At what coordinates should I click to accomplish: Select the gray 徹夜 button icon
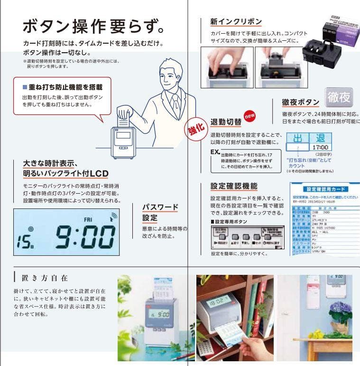(339, 97)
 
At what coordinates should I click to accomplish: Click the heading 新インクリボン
(236, 21)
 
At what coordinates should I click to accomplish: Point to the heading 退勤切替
(225, 122)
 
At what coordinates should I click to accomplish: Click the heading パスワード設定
(160, 212)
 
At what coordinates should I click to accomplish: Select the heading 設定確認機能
(234, 186)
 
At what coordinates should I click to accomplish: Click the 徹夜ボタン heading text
(300, 102)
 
